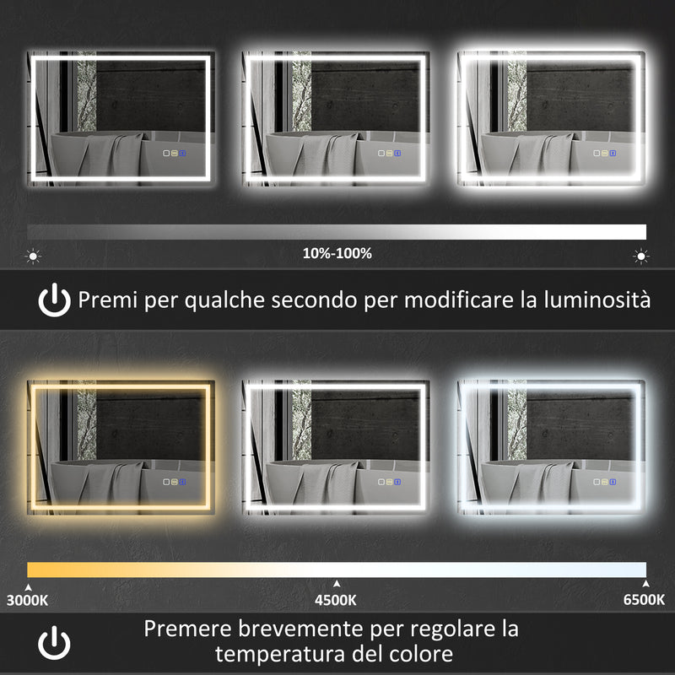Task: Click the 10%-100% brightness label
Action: tap(337, 253)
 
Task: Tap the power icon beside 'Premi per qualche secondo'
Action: tap(55, 300)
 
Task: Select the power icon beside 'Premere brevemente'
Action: tap(55, 642)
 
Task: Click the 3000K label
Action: tap(28, 601)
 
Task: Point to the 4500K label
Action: tap(337, 601)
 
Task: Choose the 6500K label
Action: tap(645, 601)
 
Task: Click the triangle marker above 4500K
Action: tap(337, 583)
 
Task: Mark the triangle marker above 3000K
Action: tap(29, 583)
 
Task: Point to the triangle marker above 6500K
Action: tap(645, 583)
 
